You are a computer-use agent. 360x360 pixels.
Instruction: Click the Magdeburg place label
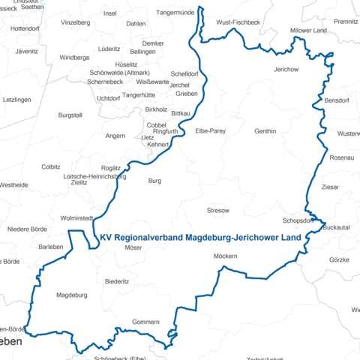click(x=72, y=295)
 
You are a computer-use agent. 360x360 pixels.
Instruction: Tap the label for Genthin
click(x=265, y=131)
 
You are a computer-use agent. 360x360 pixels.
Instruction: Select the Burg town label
click(x=154, y=181)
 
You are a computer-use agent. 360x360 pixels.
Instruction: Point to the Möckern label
click(x=225, y=256)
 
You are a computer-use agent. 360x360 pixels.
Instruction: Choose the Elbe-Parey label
click(x=210, y=131)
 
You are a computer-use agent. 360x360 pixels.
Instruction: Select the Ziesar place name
click(x=330, y=186)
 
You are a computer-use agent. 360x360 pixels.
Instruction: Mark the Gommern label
click(x=145, y=322)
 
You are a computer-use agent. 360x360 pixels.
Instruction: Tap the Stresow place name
click(x=217, y=211)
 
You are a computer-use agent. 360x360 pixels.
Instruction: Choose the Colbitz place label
click(x=51, y=166)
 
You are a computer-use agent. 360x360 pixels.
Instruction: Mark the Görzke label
click(x=339, y=259)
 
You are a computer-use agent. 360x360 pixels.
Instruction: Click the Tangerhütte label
click(x=138, y=95)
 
